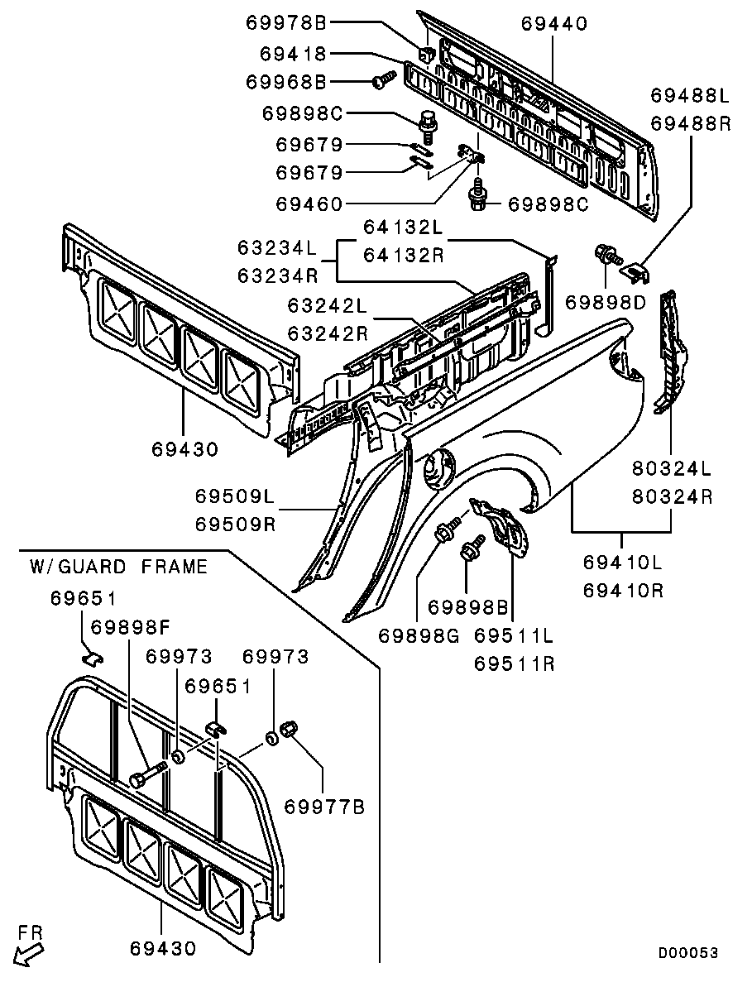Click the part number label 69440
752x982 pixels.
553,23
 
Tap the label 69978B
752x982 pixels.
287,23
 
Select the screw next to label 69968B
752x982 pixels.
383,81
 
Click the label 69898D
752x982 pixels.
605,303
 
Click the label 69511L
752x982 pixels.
513,635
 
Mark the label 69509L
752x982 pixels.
234,496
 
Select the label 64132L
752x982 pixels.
404,228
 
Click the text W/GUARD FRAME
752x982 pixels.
118,568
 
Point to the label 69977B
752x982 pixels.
325,804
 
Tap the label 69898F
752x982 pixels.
129,626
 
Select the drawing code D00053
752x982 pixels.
687,952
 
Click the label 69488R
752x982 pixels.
691,123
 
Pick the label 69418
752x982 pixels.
293,54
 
